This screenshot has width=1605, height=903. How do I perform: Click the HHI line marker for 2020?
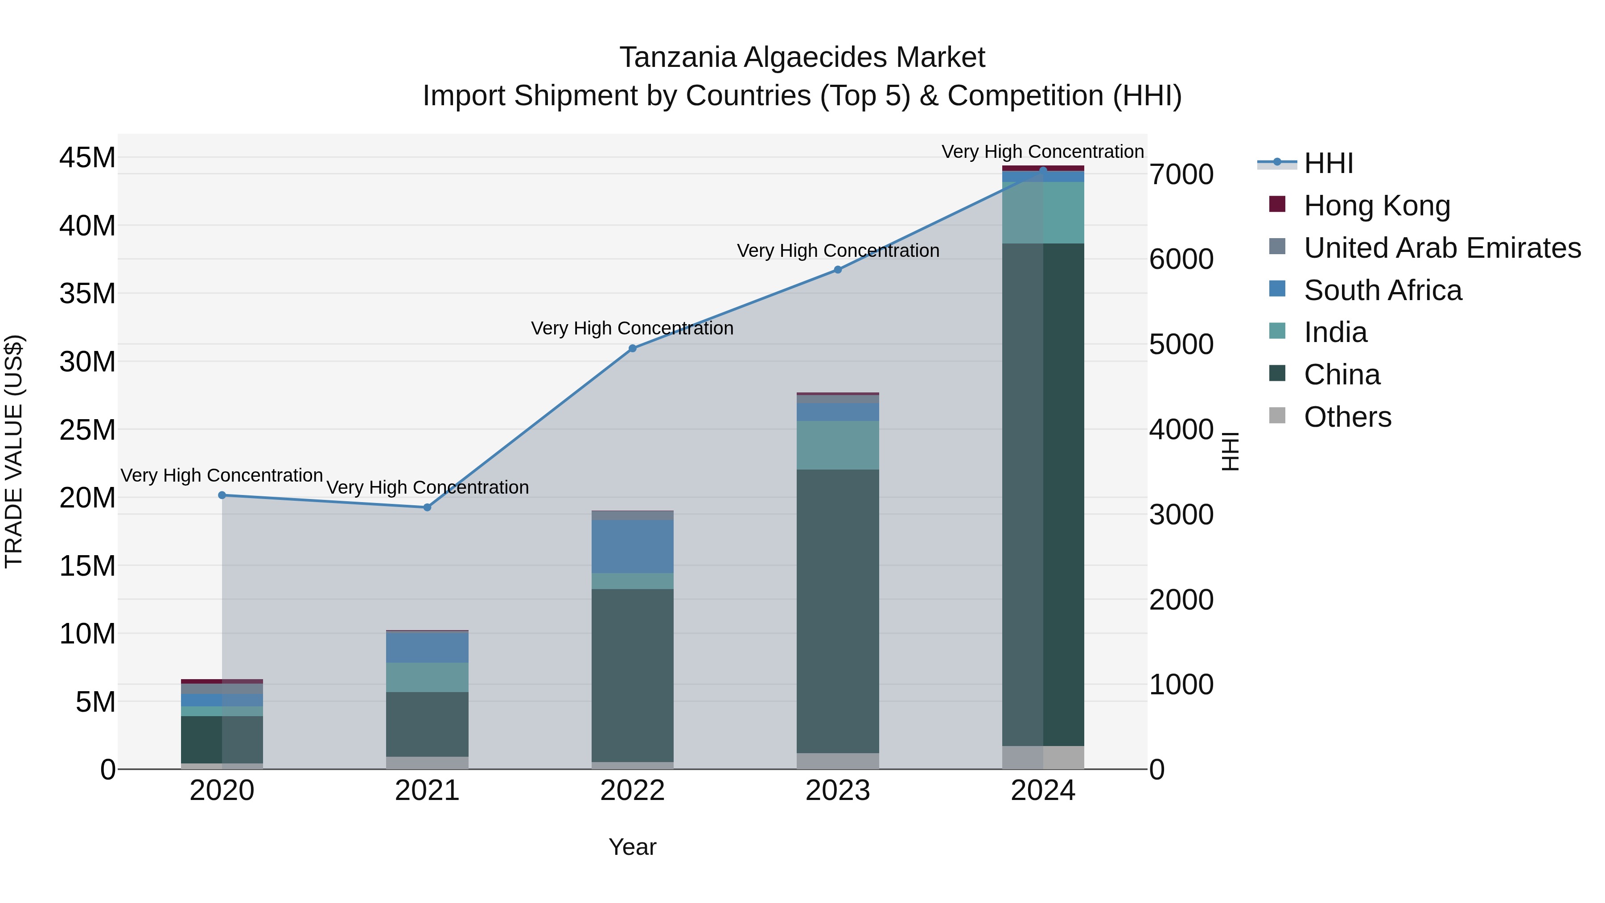(222, 495)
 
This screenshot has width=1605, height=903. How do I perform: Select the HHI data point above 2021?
(428, 507)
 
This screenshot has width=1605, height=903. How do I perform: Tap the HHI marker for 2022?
(632, 348)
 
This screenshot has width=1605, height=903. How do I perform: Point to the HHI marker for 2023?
(837, 270)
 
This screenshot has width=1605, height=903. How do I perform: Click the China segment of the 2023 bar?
(837, 611)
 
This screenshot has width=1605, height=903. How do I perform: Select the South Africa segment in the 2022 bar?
(632, 547)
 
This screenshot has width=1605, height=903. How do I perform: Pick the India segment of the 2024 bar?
(1043, 213)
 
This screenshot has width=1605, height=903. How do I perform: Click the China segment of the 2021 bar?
(428, 724)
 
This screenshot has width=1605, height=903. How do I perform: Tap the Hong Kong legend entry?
(1377, 206)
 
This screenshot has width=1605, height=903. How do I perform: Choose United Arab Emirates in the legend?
(1442, 248)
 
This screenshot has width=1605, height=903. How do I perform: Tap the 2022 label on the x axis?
(632, 791)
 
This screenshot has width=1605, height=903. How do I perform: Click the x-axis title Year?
(632, 847)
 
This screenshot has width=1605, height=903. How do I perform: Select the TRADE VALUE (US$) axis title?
(14, 451)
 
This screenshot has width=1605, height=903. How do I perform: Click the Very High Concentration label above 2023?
(837, 251)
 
